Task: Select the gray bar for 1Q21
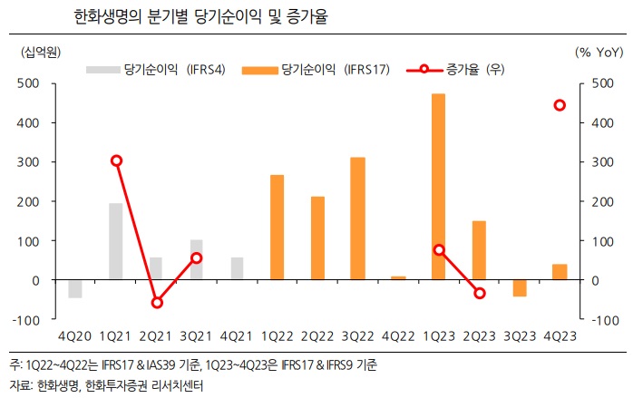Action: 116,241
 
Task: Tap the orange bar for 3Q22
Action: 357,218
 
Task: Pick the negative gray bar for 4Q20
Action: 75,288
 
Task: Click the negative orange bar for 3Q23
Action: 519,287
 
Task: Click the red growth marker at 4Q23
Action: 560,105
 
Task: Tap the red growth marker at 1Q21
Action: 116,160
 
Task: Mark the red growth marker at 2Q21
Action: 157,302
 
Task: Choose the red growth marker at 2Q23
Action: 479,293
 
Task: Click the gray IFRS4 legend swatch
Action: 102,70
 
